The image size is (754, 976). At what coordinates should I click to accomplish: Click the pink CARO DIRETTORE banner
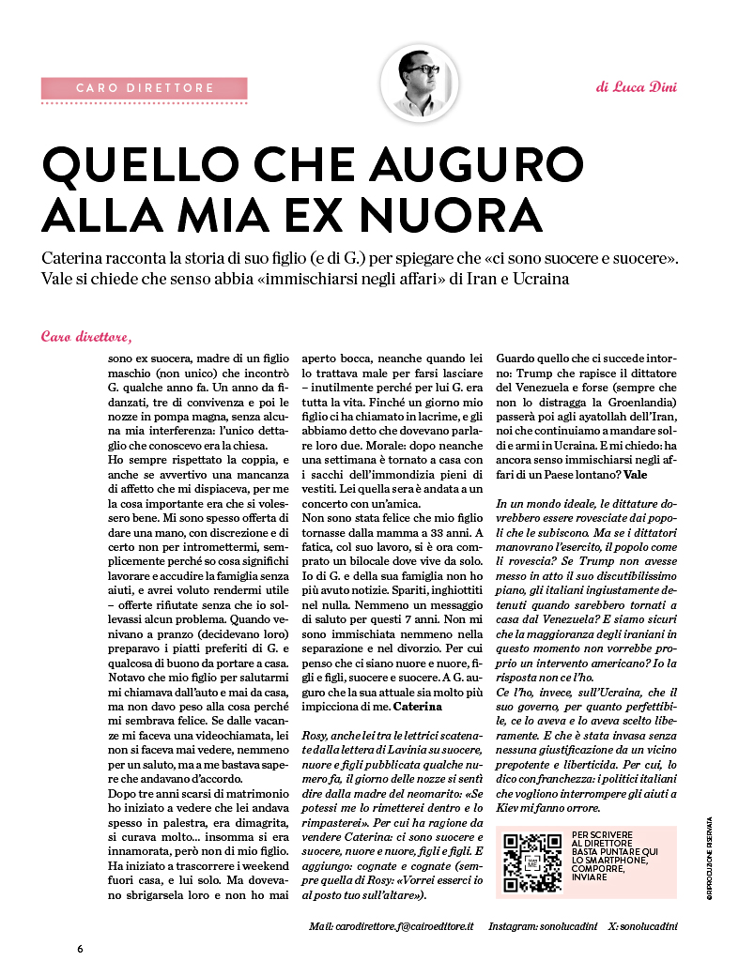tap(145, 88)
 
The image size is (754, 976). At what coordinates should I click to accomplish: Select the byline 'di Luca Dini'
tap(636, 87)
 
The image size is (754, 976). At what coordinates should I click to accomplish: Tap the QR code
tap(531, 862)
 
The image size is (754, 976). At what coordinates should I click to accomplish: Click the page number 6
tap(81, 949)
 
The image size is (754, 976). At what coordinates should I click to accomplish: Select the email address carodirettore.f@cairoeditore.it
tap(405, 926)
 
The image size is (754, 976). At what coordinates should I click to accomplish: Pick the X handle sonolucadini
tap(648, 926)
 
